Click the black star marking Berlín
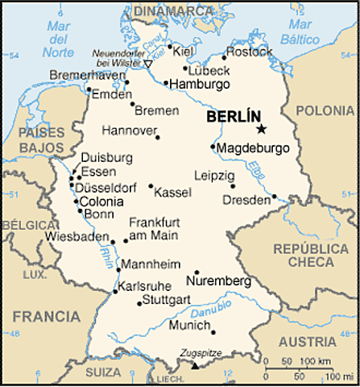261,129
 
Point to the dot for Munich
213,331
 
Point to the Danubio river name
218,309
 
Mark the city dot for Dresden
275,196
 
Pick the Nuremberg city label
218,281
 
